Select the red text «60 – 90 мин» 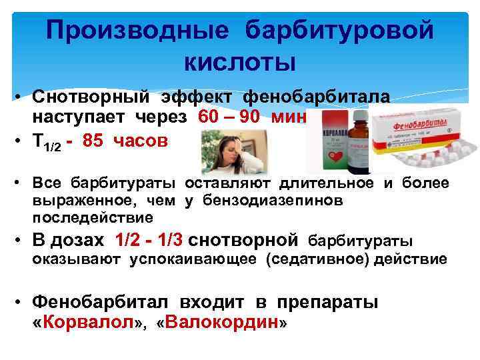(x=252, y=119)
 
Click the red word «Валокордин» (x=220, y=323)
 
